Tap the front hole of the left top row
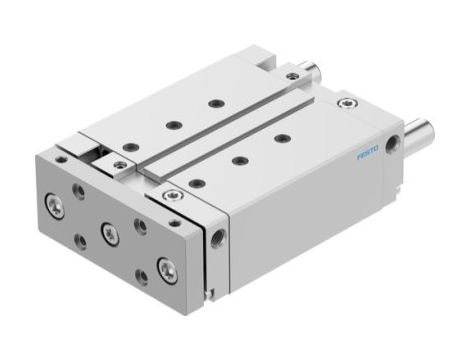127,147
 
